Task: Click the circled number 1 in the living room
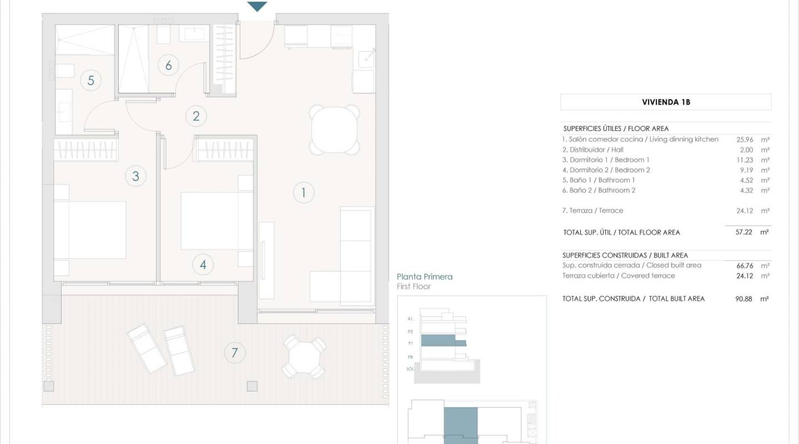[x=304, y=193]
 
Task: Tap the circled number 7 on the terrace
[x=235, y=352]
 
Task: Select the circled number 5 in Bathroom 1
[x=91, y=80]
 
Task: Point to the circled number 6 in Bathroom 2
[x=169, y=65]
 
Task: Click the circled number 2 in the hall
[x=196, y=117]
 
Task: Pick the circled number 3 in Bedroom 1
[x=135, y=176]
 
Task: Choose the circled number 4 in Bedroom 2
[x=203, y=265]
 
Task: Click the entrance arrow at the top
[x=257, y=7]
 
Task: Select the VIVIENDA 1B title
[x=666, y=102]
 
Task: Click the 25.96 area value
[x=744, y=140]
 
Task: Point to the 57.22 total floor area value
[x=744, y=233]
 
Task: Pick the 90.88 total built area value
[x=744, y=299]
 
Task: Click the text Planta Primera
[x=424, y=276]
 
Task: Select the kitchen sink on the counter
[x=366, y=58]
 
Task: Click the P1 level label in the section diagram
[x=410, y=344]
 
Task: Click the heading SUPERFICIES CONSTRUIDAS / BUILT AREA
[x=625, y=255]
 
